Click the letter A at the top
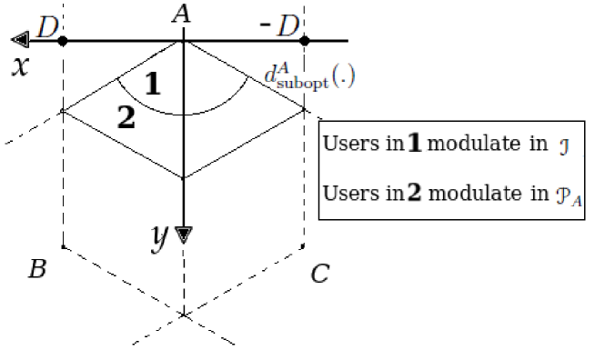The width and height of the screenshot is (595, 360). pyautogui.click(x=181, y=14)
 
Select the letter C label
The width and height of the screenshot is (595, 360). pyautogui.click(x=318, y=274)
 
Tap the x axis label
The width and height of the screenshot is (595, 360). pyautogui.click(x=17, y=68)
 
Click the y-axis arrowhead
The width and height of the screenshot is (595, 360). pyautogui.click(x=184, y=235)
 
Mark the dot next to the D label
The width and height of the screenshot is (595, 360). pyautogui.click(x=62, y=41)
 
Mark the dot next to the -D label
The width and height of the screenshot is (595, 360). pyautogui.click(x=304, y=41)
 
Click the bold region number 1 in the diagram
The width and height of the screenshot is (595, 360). pyautogui.click(x=153, y=85)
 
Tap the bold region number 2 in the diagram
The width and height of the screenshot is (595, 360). pyautogui.click(x=126, y=116)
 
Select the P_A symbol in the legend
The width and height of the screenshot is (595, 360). pyautogui.click(x=569, y=195)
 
